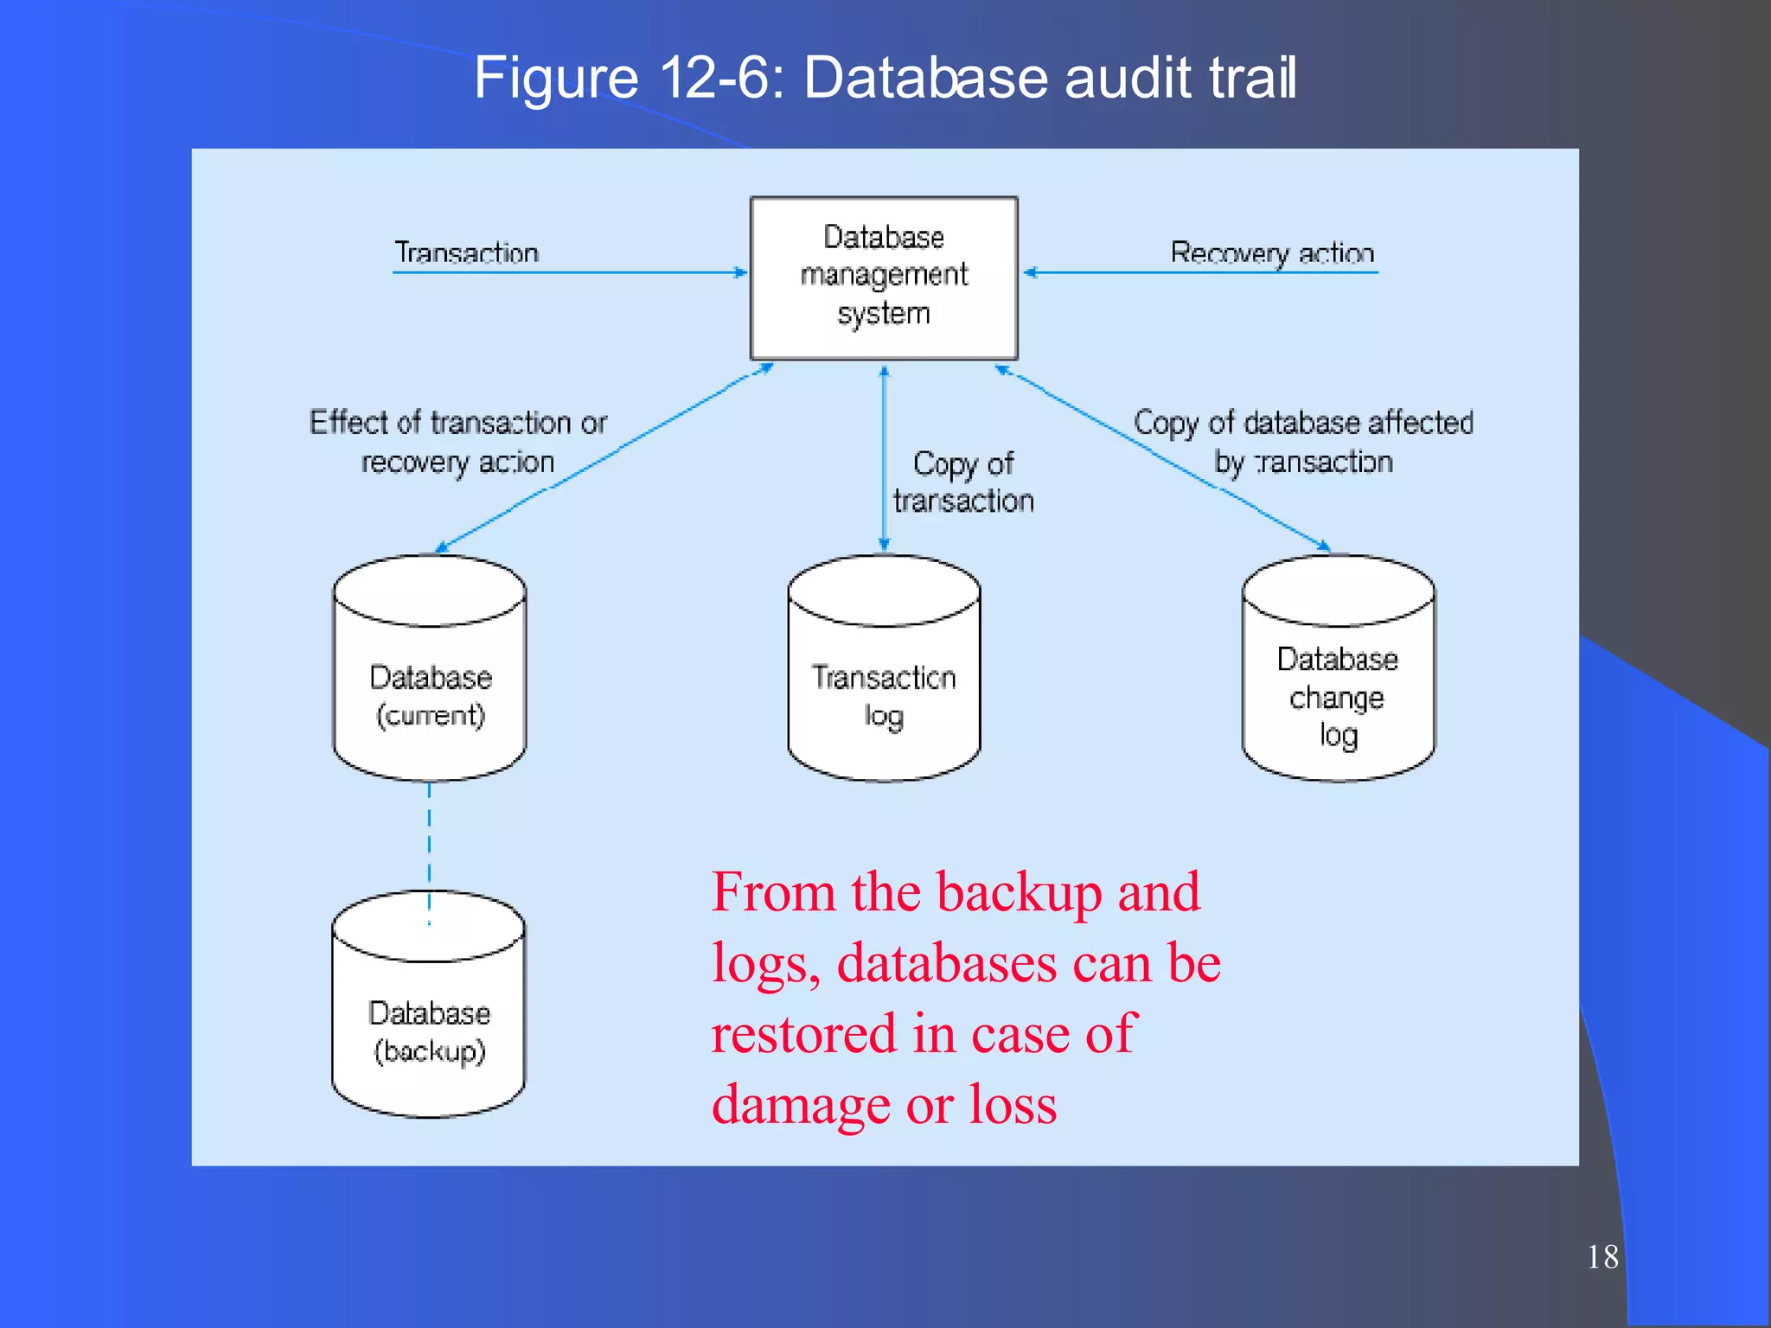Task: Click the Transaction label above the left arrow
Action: (467, 252)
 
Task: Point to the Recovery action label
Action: (1272, 252)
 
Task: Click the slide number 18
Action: (1602, 1256)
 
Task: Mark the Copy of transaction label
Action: (963, 482)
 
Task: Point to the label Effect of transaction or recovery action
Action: (458, 442)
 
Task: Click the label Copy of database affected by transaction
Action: (1304, 442)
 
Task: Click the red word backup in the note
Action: (1020, 893)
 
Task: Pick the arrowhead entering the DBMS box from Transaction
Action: (740, 272)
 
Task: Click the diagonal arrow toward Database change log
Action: (1167, 458)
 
